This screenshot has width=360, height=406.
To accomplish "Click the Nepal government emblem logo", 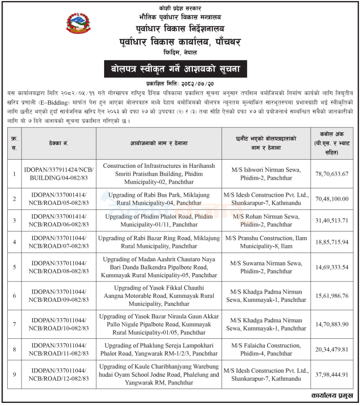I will pos(77,23).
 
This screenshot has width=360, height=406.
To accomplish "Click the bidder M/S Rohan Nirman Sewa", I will pos(266,220).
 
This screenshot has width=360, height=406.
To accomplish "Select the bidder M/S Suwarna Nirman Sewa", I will pos(266,267).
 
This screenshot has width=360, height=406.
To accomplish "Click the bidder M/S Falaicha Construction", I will pos(266,350).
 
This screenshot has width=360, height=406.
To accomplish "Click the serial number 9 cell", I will pos(14,374).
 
